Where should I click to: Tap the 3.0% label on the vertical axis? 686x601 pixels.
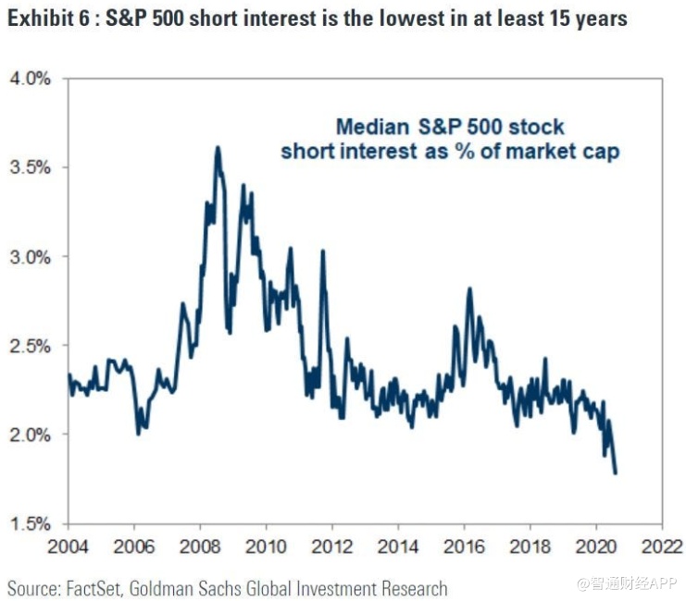click(31, 256)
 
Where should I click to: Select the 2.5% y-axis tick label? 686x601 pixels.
click(31, 345)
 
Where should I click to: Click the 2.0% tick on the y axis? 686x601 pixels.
click(31, 434)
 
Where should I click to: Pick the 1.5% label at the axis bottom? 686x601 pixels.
click(31, 523)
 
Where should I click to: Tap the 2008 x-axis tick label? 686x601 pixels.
click(200, 547)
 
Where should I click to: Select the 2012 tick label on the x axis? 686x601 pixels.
click(332, 547)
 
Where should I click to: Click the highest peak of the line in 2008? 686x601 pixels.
click(217, 147)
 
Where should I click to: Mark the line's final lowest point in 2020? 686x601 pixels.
click(616, 472)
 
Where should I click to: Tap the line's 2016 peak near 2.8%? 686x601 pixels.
click(469, 288)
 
